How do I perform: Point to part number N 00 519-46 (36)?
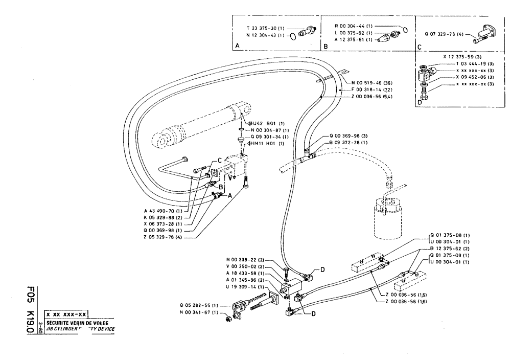(373, 83)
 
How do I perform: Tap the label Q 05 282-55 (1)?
(199, 305)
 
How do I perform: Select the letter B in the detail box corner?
(325, 46)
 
